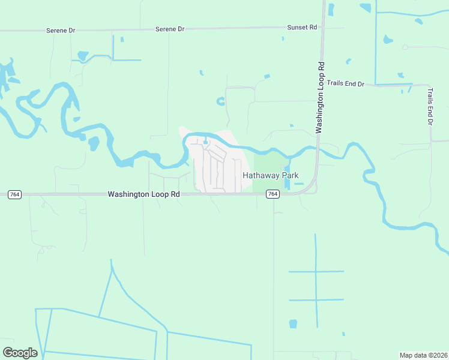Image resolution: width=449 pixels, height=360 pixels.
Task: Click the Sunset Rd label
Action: pyautogui.click(x=302, y=27)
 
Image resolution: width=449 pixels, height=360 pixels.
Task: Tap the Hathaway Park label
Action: pyautogui.click(x=270, y=175)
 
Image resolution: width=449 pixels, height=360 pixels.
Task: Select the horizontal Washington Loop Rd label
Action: pyautogui.click(x=144, y=194)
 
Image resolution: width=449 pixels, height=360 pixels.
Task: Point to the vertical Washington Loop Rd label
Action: pyautogui.click(x=321, y=97)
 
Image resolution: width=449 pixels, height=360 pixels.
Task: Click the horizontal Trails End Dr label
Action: pyautogui.click(x=346, y=83)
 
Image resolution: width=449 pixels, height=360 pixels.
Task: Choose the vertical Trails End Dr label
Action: pyautogui.click(x=430, y=106)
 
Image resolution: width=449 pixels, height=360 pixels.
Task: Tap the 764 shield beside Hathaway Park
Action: pyautogui.click(x=273, y=194)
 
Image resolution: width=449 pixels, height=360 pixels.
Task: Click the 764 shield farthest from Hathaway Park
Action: pyautogui.click(x=15, y=194)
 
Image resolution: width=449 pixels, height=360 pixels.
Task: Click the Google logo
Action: pyautogui.click(x=20, y=352)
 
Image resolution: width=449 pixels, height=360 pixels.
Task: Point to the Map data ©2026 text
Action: pyautogui.click(x=423, y=355)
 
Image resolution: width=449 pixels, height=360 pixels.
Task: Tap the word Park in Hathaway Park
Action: pyautogui.click(x=289, y=175)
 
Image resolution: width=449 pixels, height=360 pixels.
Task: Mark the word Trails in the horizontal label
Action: pyautogui.click(x=337, y=83)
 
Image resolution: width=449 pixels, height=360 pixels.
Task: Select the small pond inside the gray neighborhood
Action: pyautogui.click(x=206, y=142)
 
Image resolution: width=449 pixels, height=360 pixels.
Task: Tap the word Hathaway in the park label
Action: pyautogui.click(x=261, y=175)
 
